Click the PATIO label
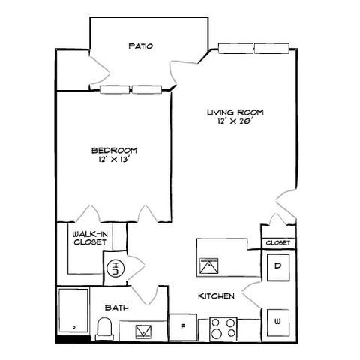141,46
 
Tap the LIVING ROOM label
235,112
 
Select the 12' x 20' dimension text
234,121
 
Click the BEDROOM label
115,151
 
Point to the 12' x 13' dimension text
115,159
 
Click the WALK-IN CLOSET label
90,238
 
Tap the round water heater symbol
115,268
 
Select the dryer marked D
278,267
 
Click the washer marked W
278,322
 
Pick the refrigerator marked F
183,327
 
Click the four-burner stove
223,328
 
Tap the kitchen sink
209,265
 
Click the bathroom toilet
105,328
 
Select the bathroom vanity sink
143,331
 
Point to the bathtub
73,310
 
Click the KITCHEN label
216,296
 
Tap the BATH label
117,307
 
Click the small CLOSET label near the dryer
278,243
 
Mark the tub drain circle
73,327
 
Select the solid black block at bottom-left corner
73,339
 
